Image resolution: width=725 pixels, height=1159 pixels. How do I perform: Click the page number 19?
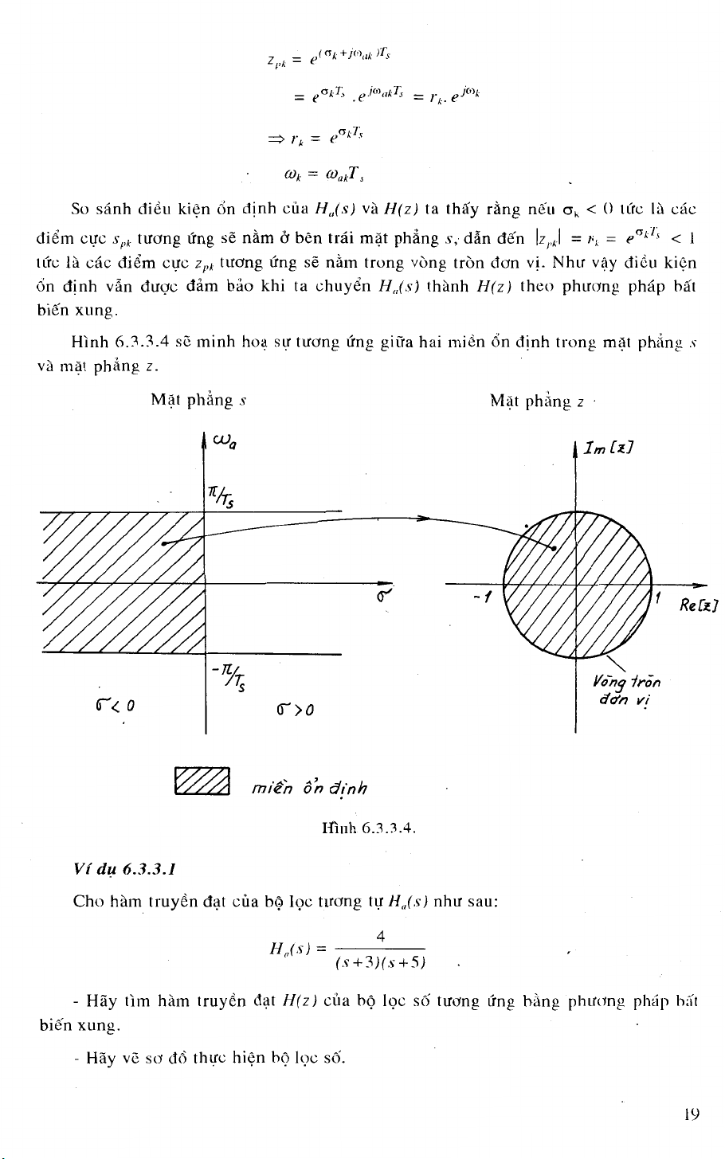point(692,1114)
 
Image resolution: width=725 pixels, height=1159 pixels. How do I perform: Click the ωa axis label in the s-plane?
point(225,441)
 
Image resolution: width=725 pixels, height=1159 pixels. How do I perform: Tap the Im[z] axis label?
point(608,448)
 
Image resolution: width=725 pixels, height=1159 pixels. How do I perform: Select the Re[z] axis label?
point(699,606)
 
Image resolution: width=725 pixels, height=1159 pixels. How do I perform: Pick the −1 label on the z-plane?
point(482,597)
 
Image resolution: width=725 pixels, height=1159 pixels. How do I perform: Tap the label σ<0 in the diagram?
point(115,705)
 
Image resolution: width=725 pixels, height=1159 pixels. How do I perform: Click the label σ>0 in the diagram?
point(295,709)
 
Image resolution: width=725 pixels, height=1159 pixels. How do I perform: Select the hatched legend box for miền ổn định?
point(202,781)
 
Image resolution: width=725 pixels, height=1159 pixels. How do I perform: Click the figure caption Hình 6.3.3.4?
point(369,828)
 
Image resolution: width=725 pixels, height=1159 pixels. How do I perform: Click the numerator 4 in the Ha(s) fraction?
point(380,936)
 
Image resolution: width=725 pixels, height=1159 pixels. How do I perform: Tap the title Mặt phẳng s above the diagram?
point(198,400)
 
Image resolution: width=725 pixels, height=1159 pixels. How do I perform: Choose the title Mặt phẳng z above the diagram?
point(537,401)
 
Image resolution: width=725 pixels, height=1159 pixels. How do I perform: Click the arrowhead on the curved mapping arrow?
point(425,518)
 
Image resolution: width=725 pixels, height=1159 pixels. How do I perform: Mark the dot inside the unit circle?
point(554,548)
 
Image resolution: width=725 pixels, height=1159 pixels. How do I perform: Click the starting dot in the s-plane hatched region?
point(163,544)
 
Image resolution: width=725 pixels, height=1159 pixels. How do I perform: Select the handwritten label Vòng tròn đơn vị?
point(626,691)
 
